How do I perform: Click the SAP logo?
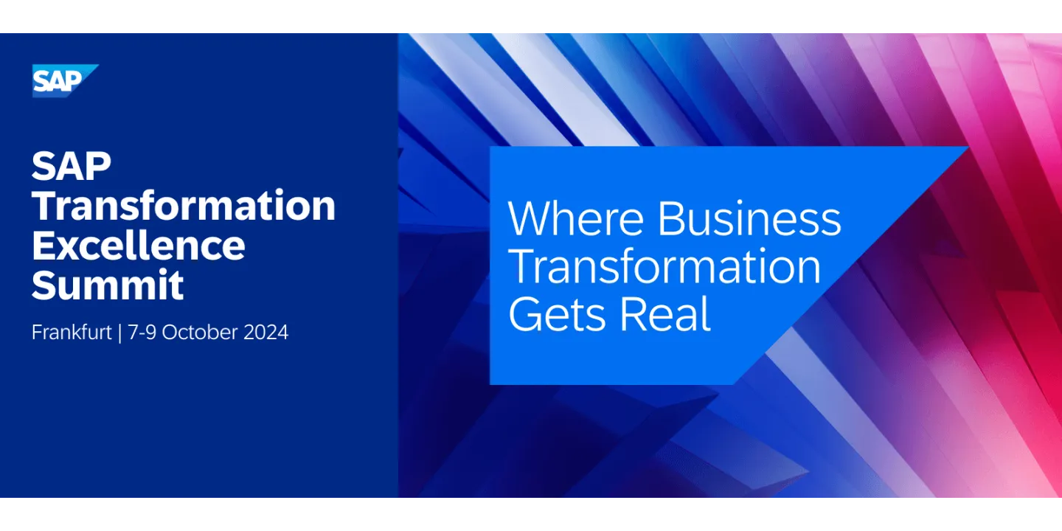(64, 80)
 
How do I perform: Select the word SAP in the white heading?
(72, 167)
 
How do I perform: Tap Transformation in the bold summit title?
(184, 206)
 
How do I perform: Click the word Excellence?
(138, 246)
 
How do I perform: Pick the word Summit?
(108, 285)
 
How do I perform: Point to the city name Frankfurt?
(72, 333)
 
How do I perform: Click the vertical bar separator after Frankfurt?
(119, 333)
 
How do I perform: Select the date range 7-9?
(142, 333)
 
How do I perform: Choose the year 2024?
(264, 333)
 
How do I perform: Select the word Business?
(749, 218)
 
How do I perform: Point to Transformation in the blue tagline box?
(664, 266)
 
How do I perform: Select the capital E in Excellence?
(43, 246)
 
